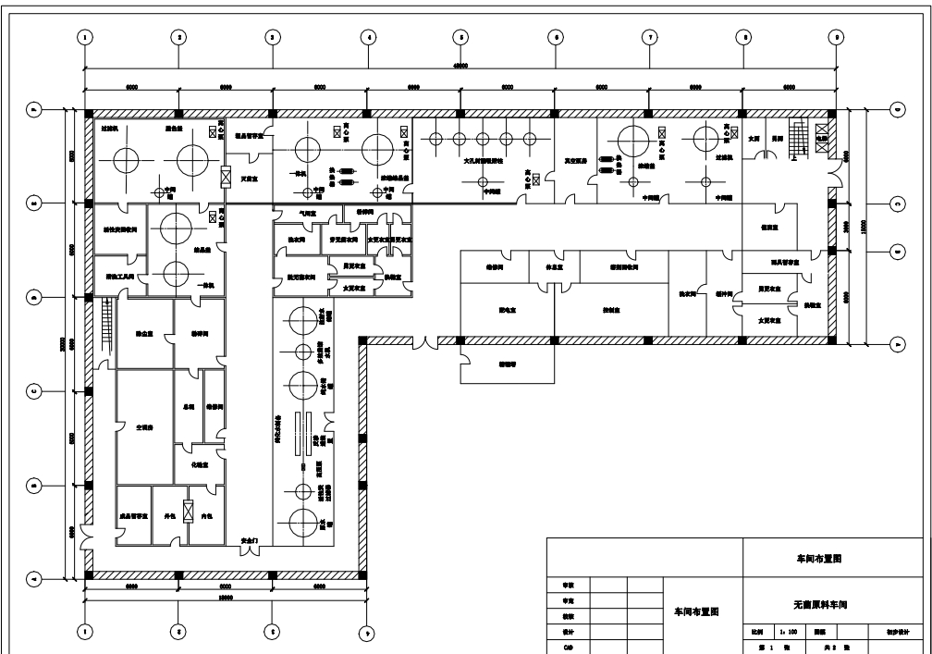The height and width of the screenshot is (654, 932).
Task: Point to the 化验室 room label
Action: click(x=200, y=465)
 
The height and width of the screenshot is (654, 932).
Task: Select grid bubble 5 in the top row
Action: click(x=460, y=37)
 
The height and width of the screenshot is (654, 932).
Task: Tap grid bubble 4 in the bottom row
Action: click(x=367, y=634)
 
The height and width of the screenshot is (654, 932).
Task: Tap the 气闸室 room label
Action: click(x=307, y=213)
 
